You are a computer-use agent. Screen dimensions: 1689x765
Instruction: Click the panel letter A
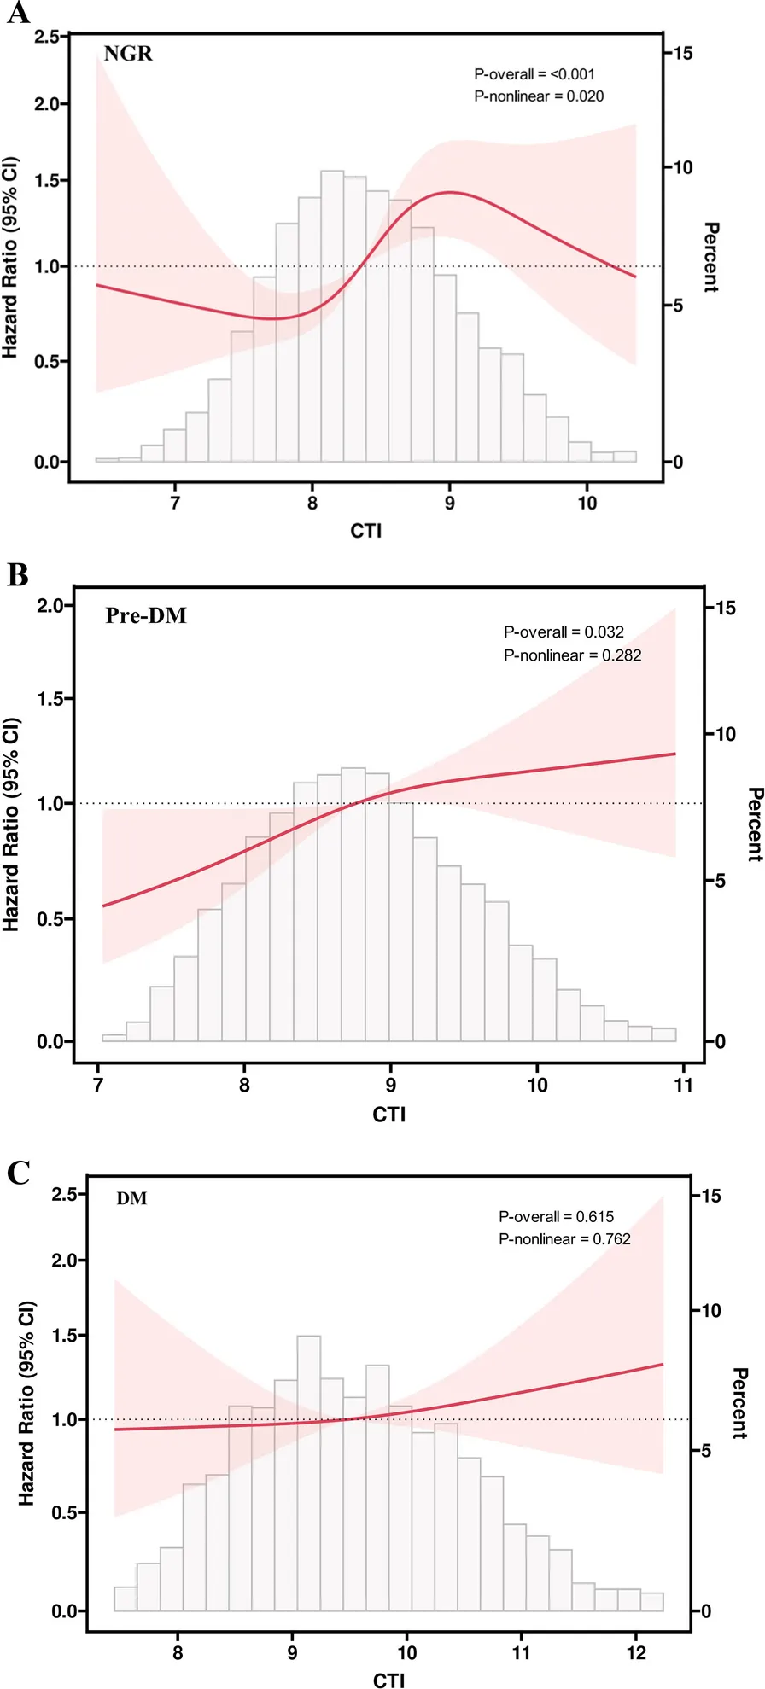tap(17, 14)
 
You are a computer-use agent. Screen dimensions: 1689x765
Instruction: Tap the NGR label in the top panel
tap(128, 54)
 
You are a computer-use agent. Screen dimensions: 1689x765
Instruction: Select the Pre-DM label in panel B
tap(146, 615)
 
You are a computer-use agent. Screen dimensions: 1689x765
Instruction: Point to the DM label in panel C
tap(131, 1198)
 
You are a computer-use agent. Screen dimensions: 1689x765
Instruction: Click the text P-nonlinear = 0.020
tap(539, 96)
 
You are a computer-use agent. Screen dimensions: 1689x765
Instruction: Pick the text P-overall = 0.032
tap(564, 632)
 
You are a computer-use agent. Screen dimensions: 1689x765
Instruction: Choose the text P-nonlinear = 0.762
tap(564, 1238)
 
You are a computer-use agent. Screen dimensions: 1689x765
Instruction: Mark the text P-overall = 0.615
tap(556, 1216)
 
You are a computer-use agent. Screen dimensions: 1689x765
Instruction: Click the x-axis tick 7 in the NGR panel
tap(175, 503)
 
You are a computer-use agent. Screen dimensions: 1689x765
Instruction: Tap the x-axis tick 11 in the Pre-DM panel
tap(683, 1085)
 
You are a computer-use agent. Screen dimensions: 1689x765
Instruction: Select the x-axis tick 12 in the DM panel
tap(635, 1652)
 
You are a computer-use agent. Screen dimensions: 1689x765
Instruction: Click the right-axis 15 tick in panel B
tap(726, 609)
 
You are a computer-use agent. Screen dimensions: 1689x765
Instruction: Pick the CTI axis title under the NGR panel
tap(365, 531)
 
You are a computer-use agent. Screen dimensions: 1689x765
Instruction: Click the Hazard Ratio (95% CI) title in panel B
tap(11, 824)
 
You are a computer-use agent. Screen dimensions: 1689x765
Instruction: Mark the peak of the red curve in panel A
tap(451, 192)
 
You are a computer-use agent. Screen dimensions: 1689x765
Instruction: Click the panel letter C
tap(18, 1172)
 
